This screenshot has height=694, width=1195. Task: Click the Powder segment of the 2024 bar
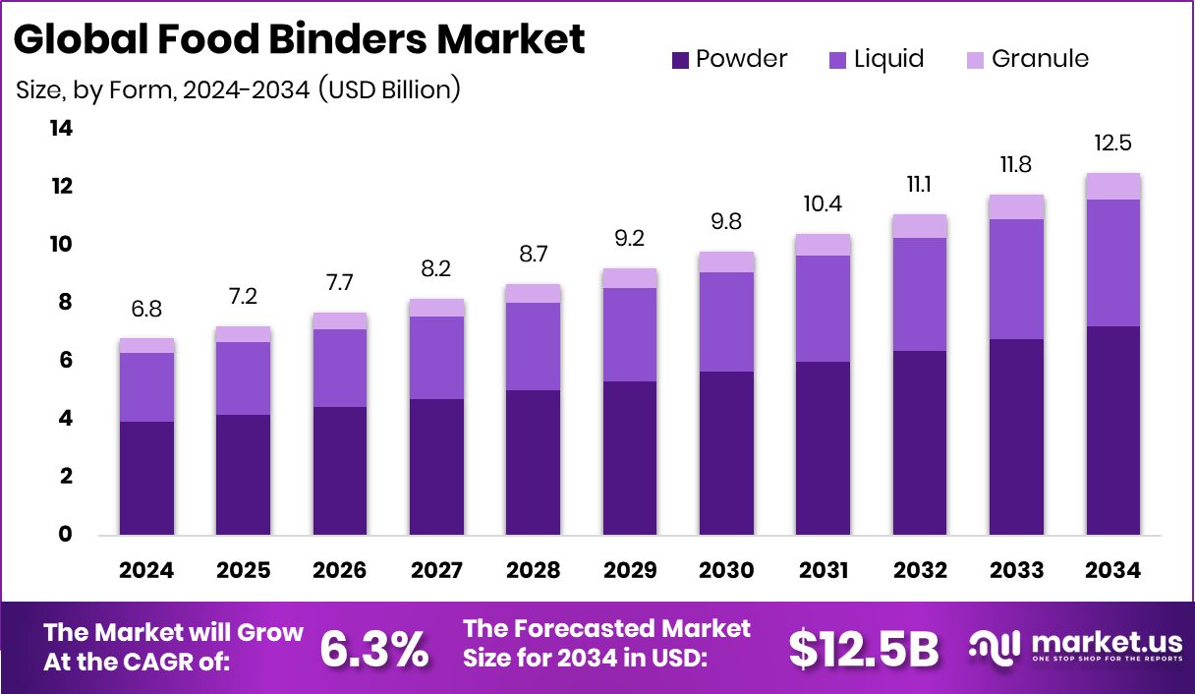[x=146, y=478]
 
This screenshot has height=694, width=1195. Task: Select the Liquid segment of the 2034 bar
[x=1113, y=262]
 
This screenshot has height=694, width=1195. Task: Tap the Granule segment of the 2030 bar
[x=726, y=261]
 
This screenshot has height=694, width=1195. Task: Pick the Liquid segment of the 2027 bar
[x=436, y=357]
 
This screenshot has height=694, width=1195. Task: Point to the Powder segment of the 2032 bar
[x=920, y=442]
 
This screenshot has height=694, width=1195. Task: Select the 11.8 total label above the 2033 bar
[x=1016, y=163]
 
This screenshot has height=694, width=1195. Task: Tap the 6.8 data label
[x=146, y=309]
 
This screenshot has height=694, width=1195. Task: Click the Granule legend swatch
[x=974, y=61]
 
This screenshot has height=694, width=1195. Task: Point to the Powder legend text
[x=741, y=59]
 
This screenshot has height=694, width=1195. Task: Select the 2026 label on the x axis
[x=340, y=571]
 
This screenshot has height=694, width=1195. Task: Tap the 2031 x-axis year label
[x=824, y=571]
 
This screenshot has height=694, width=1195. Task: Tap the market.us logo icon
[x=996, y=646]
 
